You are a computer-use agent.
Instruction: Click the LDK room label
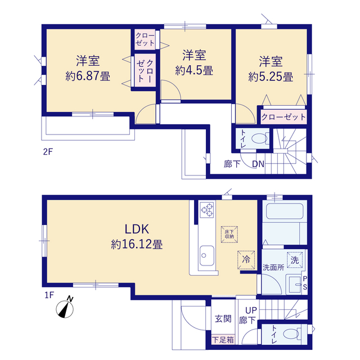click(137, 229)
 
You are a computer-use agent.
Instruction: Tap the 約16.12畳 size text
click(137, 244)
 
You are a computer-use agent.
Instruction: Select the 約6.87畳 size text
click(88, 76)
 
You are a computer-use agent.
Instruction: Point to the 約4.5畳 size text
click(194, 70)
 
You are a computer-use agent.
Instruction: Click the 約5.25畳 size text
click(271, 76)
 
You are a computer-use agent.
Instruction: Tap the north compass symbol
click(65, 308)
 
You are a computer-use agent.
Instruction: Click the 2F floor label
click(48, 152)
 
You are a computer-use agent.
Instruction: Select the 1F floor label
click(49, 295)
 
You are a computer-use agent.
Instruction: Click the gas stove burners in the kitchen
click(207, 210)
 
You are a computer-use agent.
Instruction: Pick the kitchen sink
click(207, 256)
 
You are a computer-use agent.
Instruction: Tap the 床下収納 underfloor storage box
click(229, 235)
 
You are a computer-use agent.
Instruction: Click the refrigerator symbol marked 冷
click(246, 260)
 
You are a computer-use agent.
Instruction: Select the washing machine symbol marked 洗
click(295, 260)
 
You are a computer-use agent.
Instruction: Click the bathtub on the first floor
click(285, 211)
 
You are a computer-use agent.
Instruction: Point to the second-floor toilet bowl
click(259, 139)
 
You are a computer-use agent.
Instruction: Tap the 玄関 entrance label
click(223, 319)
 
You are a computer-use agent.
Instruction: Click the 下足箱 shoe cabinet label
click(223, 340)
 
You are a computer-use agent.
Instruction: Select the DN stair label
click(258, 164)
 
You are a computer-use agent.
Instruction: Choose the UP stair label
click(251, 310)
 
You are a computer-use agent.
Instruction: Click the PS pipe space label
click(305, 283)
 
